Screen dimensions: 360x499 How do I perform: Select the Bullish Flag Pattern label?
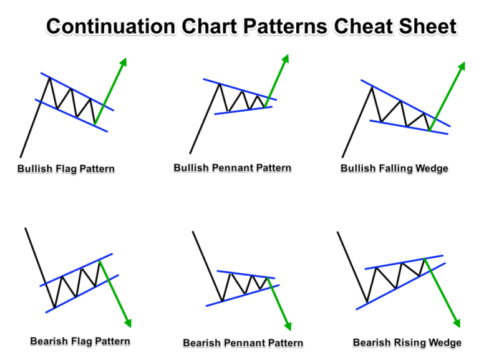click(66, 169)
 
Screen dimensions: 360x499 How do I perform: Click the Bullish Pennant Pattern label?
click(233, 168)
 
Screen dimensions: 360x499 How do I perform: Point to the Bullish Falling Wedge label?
click(394, 169)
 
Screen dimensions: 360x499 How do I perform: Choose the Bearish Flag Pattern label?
click(80, 341)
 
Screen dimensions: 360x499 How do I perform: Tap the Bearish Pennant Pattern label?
click(243, 343)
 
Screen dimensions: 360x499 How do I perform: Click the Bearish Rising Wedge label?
click(407, 343)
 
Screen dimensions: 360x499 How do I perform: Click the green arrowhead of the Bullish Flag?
click(124, 62)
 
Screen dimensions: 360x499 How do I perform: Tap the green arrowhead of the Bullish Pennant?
click(286, 59)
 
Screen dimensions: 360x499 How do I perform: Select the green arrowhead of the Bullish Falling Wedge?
click(462, 66)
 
